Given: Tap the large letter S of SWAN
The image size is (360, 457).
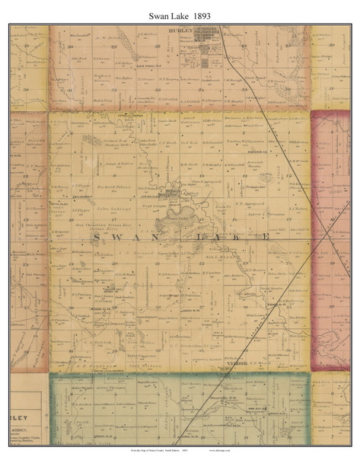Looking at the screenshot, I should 98,238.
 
